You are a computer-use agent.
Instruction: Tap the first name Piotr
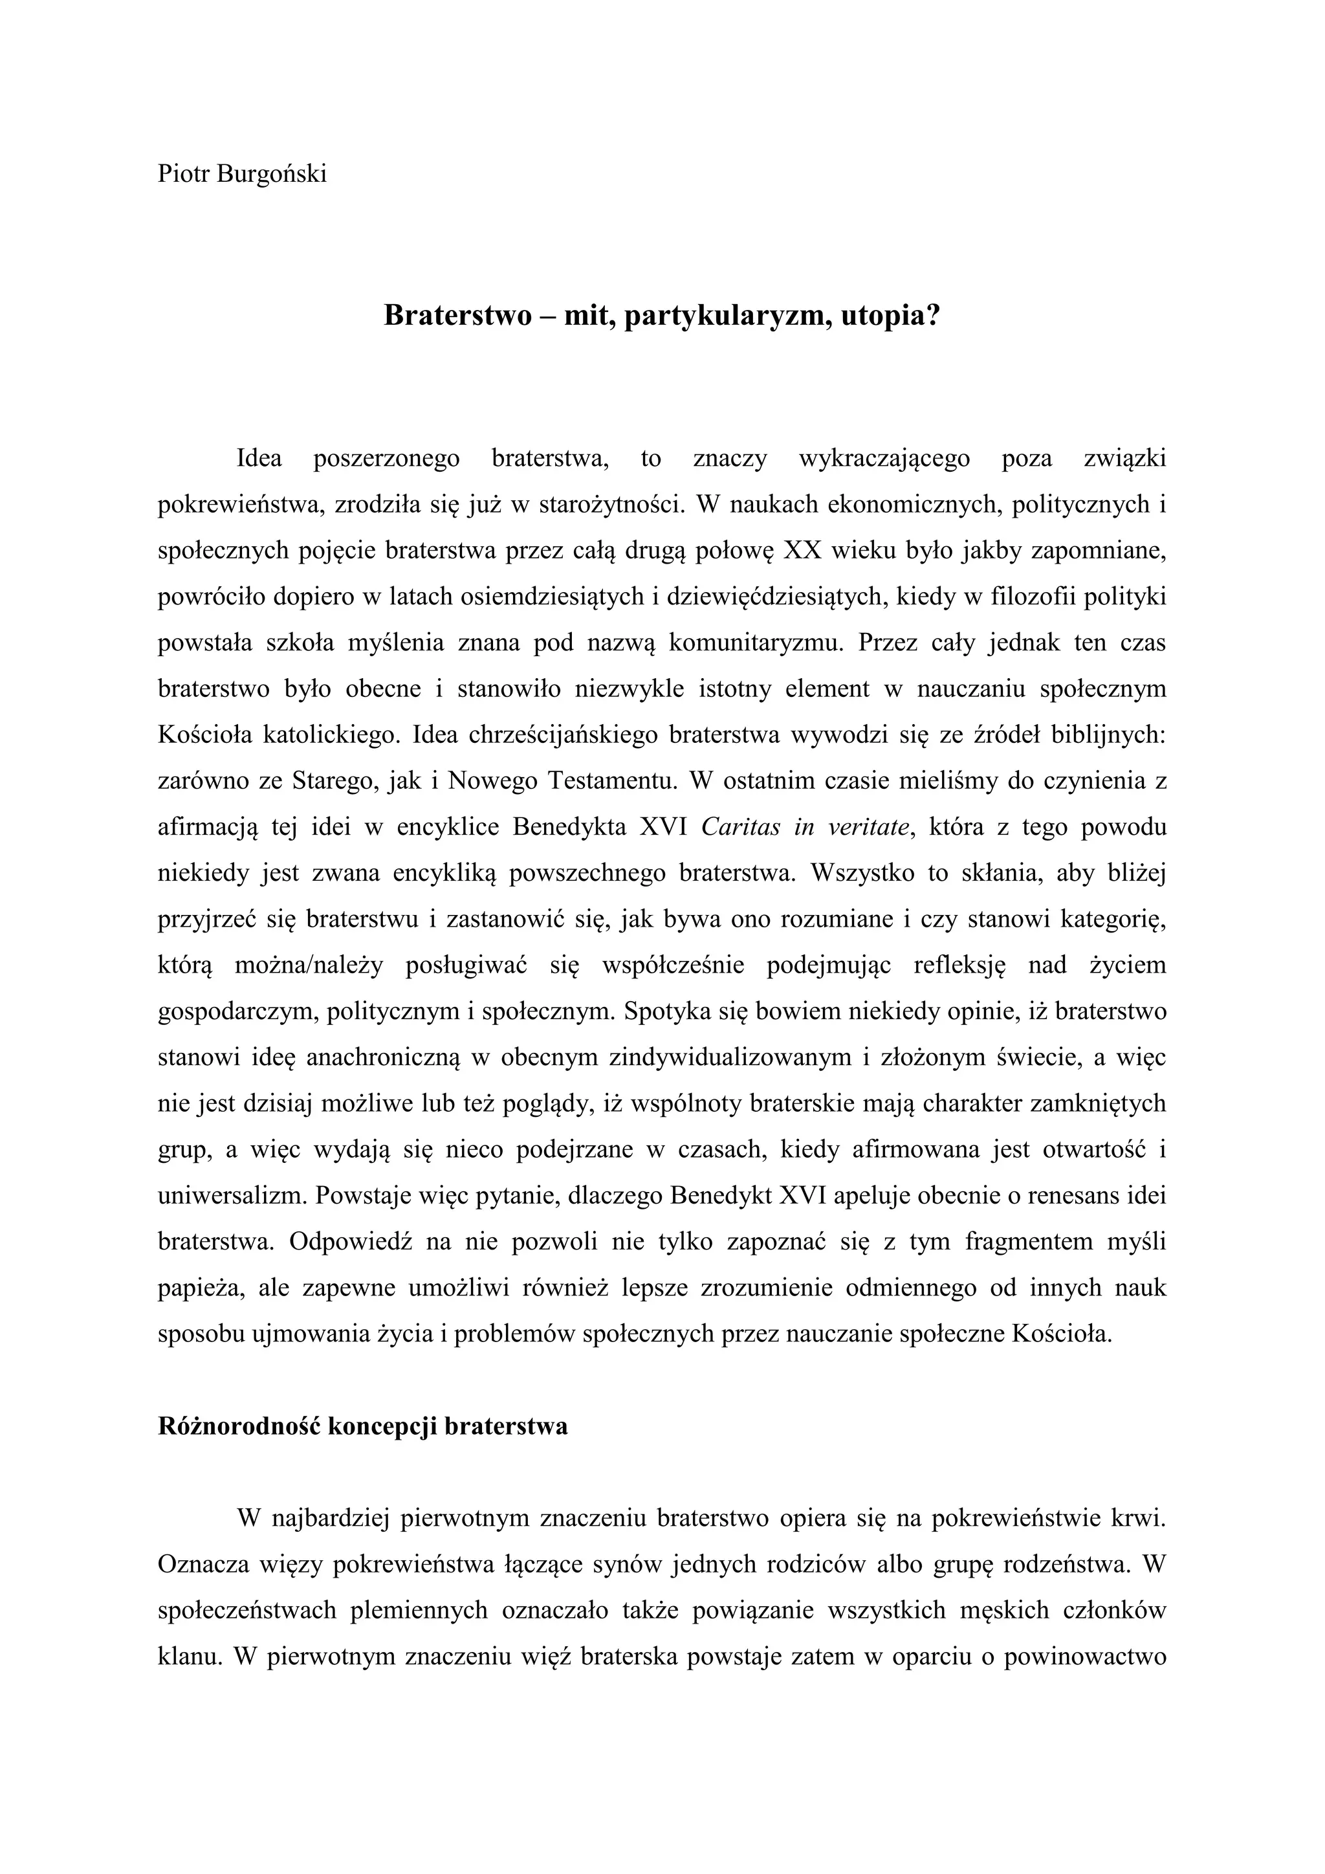(184, 174)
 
